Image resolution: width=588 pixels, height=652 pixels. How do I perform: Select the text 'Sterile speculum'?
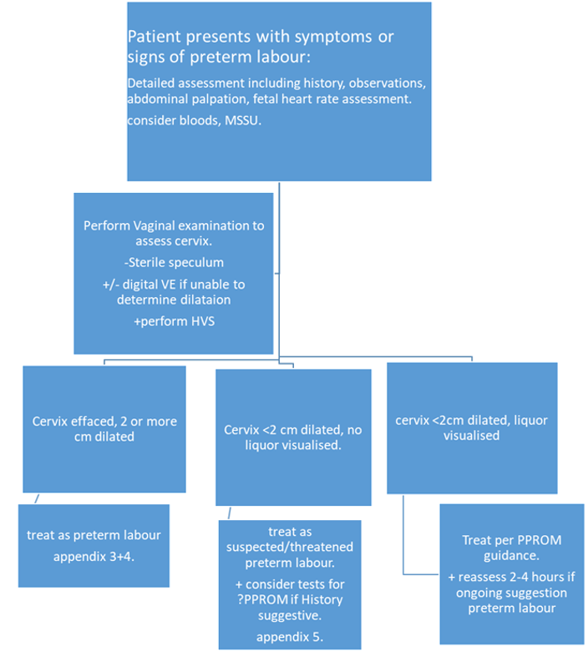(173, 264)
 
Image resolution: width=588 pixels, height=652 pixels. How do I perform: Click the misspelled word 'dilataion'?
(203, 300)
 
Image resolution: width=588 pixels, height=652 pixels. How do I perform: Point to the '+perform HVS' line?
(173, 321)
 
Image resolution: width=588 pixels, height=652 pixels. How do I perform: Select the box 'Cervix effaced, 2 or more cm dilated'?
(104, 428)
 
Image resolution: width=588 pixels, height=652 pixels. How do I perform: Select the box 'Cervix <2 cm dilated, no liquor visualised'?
(292, 436)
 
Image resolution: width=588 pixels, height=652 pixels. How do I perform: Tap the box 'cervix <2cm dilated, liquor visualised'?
(471, 427)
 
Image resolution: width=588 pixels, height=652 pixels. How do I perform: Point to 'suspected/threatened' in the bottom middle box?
(289, 547)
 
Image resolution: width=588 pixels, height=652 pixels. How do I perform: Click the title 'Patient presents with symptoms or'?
(261, 38)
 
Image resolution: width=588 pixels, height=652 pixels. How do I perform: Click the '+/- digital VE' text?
(147, 284)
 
